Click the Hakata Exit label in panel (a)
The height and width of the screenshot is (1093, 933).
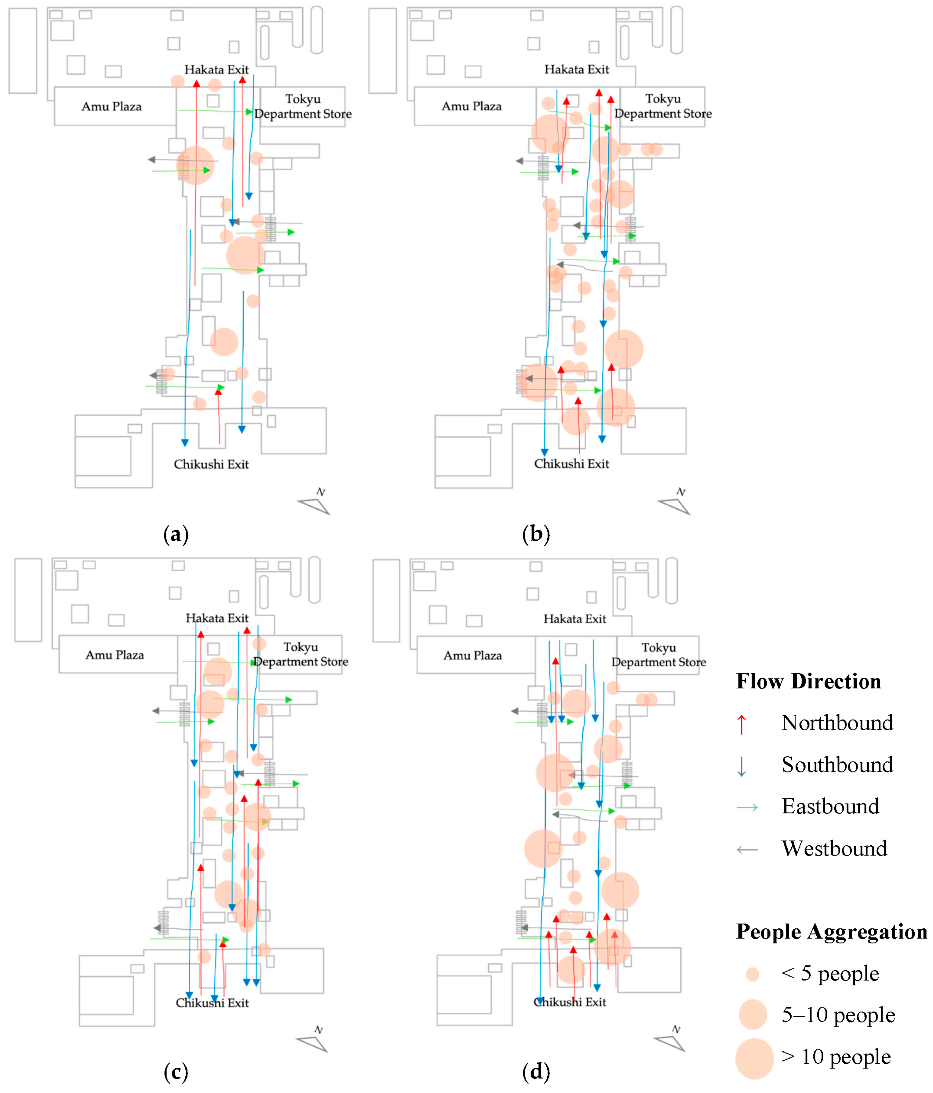click(216, 70)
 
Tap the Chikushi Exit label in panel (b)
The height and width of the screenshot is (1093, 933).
click(571, 464)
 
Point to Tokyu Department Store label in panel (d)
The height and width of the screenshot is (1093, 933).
click(658, 655)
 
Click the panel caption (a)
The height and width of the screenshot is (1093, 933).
click(176, 534)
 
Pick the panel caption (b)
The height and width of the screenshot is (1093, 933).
click(536, 534)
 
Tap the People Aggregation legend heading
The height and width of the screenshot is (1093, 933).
click(831, 931)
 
